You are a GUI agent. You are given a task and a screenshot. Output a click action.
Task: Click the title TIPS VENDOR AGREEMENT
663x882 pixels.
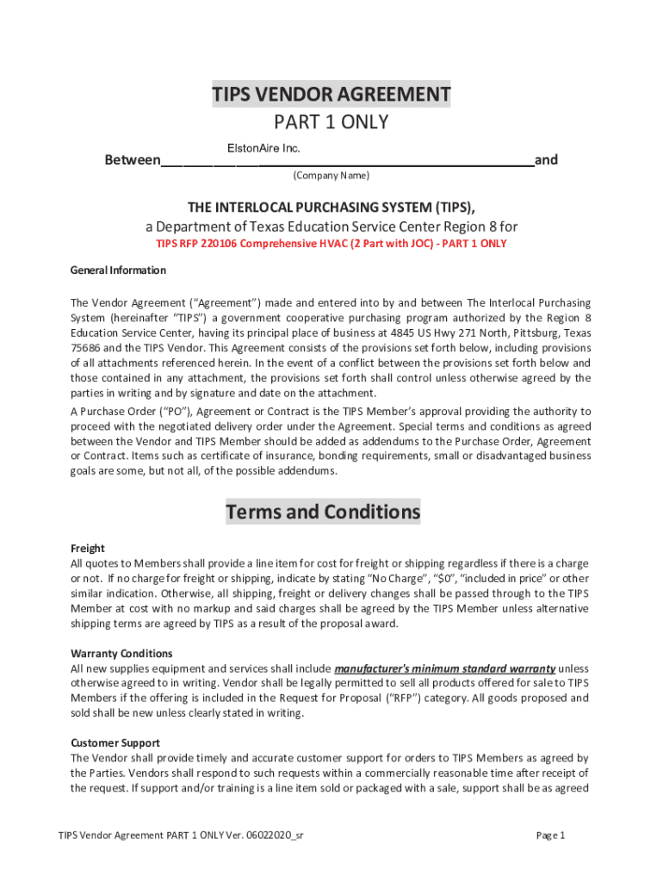click(x=331, y=94)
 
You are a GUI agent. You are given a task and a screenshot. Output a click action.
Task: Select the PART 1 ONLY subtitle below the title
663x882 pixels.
click(x=331, y=122)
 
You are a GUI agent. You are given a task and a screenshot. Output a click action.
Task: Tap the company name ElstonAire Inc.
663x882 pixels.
click(x=263, y=149)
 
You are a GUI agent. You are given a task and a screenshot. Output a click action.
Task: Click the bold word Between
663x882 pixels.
click(x=132, y=160)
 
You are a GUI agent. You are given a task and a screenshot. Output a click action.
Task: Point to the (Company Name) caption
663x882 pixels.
click(x=331, y=176)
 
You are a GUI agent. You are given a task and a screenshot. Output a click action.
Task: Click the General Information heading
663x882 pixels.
click(x=118, y=270)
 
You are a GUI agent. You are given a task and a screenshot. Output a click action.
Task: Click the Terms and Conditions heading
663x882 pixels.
click(x=323, y=512)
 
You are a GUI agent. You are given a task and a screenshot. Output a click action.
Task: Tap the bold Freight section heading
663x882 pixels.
click(x=87, y=549)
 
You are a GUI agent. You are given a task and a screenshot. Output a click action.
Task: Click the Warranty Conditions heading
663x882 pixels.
click(x=121, y=654)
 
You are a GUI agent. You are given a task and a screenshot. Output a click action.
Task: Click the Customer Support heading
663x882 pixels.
click(x=115, y=742)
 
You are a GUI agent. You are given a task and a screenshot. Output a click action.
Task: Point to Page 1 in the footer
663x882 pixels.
click(x=550, y=835)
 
